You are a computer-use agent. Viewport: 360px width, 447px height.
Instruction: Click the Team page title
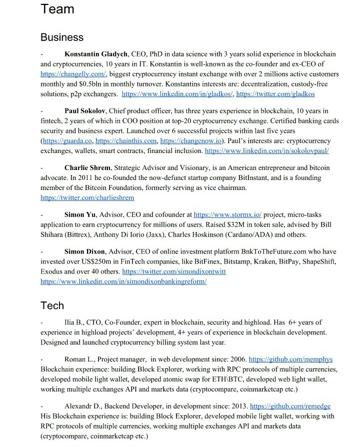[57, 9]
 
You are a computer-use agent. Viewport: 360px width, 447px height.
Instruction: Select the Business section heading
[62, 37]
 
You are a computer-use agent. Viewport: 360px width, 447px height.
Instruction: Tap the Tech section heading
[52, 305]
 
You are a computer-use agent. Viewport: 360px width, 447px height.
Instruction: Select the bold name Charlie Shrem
[87, 168]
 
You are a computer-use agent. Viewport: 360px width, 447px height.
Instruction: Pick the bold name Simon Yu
[80, 214]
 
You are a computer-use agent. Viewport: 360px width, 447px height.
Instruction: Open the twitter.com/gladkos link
[275, 93]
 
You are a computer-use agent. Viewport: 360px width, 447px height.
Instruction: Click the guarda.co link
[66, 141]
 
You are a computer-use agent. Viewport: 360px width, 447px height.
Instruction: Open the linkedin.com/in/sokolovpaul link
[266, 150]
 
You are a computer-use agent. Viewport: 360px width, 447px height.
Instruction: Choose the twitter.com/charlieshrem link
[87, 198]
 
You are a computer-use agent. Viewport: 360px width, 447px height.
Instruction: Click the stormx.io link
[227, 214]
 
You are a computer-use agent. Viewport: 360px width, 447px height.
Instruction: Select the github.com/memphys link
[290, 359]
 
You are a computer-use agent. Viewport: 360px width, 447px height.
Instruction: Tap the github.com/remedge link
[290, 406]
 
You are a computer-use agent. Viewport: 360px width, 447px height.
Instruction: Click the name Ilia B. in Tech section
[74, 322]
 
